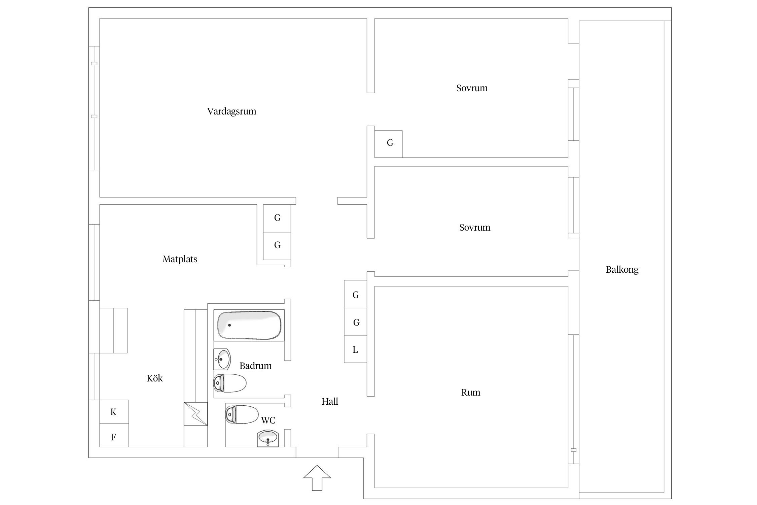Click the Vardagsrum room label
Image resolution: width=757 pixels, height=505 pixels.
pyautogui.click(x=231, y=111)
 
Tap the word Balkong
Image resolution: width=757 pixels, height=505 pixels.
pyautogui.click(x=622, y=270)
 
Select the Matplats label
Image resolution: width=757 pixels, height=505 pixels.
pyautogui.click(x=180, y=259)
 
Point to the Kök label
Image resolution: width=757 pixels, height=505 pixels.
pyautogui.click(x=154, y=378)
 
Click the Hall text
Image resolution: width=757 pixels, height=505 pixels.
pyautogui.click(x=329, y=401)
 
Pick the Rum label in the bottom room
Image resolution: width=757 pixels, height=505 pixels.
pyautogui.click(x=470, y=393)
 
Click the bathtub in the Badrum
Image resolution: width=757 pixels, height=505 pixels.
pyautogui.click(x=249, y=325)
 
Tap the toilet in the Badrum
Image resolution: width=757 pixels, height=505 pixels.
pyautogui.click(x=230, y=383)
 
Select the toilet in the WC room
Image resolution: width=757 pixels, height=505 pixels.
pyautogui.click(x=242, y=414)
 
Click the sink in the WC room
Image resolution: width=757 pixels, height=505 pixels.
pyautogui.click(x=268, y=438)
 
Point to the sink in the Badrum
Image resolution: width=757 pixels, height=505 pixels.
pyautogui.click(x=222, y=360)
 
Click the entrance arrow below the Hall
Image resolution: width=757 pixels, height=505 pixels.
pyautogui.click(x=317, y=477)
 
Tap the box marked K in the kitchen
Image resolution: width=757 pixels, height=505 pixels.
pyautogui.click(x=114, y=412)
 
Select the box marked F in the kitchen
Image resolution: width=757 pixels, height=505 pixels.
pyautogui.click(x=114, y=437)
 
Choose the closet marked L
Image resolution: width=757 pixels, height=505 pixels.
pyautogui.click(x=355, y=350)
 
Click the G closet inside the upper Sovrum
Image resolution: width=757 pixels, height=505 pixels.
pyautogui.click(x=390, y=143)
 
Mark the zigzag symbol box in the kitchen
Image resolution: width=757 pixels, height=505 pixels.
pyautogui.click(x=195, y=414)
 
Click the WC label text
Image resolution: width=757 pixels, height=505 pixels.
pyautogui.click(x=268, y=420)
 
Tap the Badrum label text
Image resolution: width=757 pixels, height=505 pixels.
pyautogui.click(x=255, y=366)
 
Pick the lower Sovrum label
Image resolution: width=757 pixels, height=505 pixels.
pyautogui.click(x=474, y=228)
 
